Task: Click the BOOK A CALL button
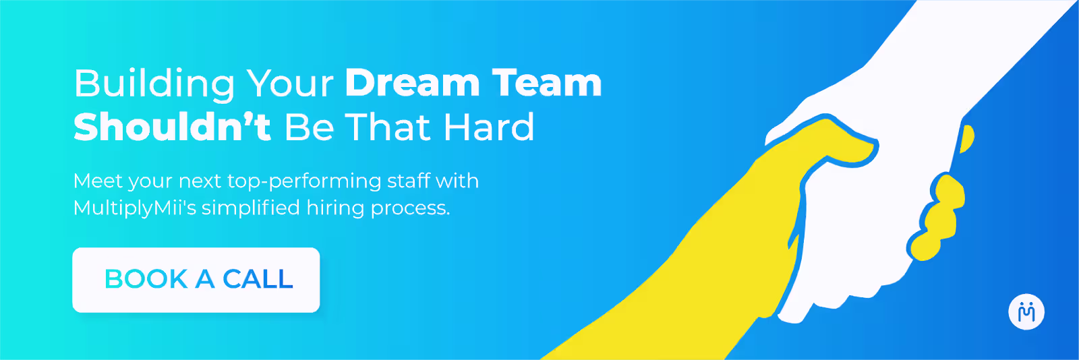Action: (x=196, y=280)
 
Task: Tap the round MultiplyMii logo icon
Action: (x=1026, y=312)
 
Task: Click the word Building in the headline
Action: (x=154, y=84)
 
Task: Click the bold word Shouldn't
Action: (x=172, y=127)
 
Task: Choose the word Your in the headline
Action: (x=290, y=84)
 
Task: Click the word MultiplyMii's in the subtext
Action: (x=134, y=208)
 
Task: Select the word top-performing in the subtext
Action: (x=304, y=182)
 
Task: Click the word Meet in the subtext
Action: (x=98, y=181)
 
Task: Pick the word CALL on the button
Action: (x=258, y=279)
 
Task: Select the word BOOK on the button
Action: (x=146, y=279)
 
